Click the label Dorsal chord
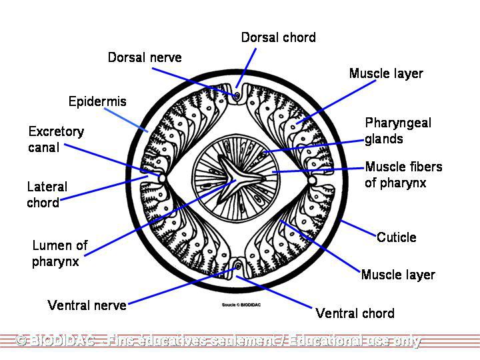pos(278,37)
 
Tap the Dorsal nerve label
pos(145,57)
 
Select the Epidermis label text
pos(97,101)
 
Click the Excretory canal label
pos(56,139)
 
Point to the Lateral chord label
pos(47,195)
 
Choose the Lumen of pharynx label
pos(59,253)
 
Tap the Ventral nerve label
pos(87,305)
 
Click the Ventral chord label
pos(355,313)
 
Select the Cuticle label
pos(396,237)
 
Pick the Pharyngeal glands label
pos(398,131)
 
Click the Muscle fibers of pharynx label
pos(403,175)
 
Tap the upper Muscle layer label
pos(386,73)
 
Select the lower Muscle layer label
pos(398,275)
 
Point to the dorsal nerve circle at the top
pos(237,95)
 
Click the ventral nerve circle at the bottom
pos(238,267)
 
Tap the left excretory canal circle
pos(161,179)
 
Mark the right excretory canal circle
pos(312,179)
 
